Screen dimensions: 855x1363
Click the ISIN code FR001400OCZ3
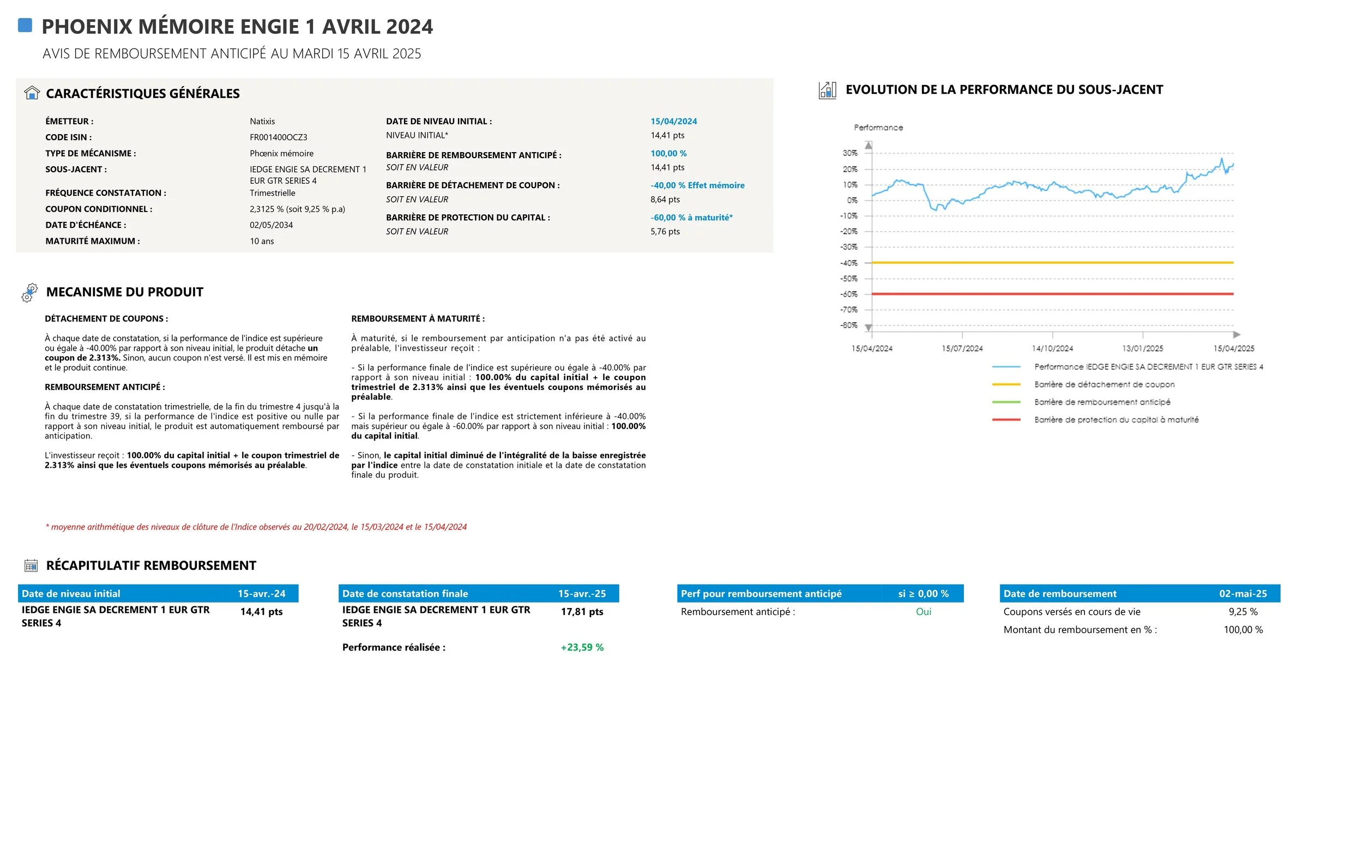[x=278, y=137]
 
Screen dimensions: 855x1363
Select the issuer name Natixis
[x=262, y=122]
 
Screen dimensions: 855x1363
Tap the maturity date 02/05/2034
[x=272, y=225]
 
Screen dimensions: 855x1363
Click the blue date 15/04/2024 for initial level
[x=673, y=122]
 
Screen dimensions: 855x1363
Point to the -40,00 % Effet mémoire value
[x=697, y=185]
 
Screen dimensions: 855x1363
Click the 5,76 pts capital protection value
[x=665, y=232]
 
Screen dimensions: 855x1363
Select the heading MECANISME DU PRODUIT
[x=124, y=292]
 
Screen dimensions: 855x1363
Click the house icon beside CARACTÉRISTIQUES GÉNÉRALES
[x=32, y=93]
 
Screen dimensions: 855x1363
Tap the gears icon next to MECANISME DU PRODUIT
[x=29, y=293]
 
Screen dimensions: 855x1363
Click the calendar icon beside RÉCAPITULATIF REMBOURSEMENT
[x=31, y=565]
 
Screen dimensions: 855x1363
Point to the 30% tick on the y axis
[x=849, y=153]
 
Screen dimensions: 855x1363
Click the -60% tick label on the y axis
[x=848, y=294]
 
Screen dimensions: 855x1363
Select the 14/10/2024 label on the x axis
[x=1052, y=349]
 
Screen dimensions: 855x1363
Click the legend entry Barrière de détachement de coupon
[x=1103, y=384]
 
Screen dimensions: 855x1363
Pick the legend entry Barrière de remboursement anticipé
[x=1102, y=402]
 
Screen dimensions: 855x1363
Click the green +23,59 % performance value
[x=582, y=647]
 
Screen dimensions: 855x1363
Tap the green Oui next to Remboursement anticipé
[x=923, y=612]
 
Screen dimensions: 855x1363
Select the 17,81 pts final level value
[x=582, y=612]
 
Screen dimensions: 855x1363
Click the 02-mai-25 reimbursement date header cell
[x=1243, y=594]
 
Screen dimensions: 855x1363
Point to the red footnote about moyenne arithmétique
[x=256, y=527]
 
